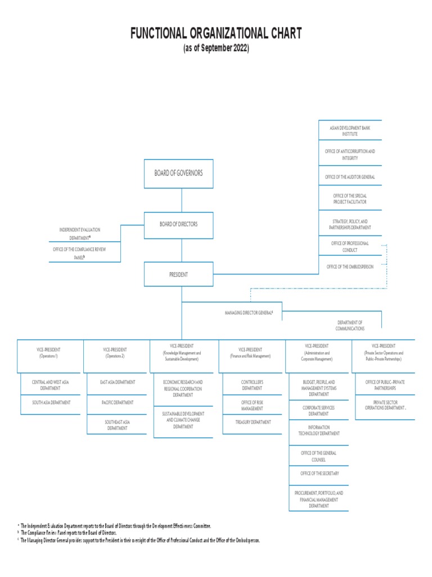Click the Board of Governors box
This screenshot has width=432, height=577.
click(x=178, y=174)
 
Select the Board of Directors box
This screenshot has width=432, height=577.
click(x=178, y=224)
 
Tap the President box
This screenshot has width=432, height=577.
click(x=178, y=274)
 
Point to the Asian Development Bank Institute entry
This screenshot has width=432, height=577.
click(x=349, y=131)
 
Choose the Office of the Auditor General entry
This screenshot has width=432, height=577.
click(x=349, y=177)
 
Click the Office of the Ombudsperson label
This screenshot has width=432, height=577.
click(x=349, y=267)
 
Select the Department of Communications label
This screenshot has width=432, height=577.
click(x=349, y=325)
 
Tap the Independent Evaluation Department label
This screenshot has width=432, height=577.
click(x=80, y=233)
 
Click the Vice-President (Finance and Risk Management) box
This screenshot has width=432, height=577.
click(x=250, y=353)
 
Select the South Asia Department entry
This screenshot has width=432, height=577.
click(x=51, y=402)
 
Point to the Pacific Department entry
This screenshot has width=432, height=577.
click(x=117, y=402)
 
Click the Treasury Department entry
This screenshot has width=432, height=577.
click(x=253, y=422)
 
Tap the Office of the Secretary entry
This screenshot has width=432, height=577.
click(x=319, y=473)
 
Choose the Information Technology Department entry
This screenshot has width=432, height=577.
click(x=319, y=430)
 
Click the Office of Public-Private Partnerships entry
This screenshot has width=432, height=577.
click(x=385, y=385)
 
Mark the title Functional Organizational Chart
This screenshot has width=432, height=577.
click(x=216, y=34)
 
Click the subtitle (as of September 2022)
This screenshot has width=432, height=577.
click(x=216, y=48)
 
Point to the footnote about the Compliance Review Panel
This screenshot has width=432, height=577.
click(x=68, y=532)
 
